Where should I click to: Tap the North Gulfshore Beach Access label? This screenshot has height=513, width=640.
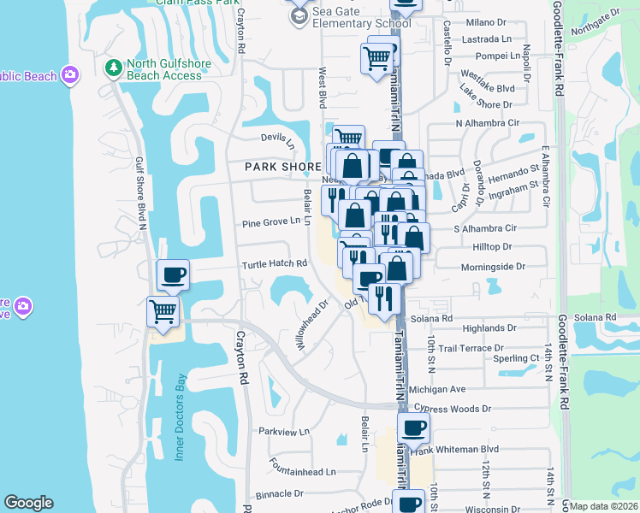click(x=164, y=69)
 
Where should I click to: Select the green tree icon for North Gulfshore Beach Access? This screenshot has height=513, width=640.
click(x=112, y=67)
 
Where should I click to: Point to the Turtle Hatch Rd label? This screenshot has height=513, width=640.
click(x=274, y=264)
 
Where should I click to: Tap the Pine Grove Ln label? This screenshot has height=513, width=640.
click(x=271, y=221)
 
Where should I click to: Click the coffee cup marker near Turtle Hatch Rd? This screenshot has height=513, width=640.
click(x=174, y=274)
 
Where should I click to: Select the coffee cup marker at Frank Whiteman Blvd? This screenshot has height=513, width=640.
click(x=413, y=427)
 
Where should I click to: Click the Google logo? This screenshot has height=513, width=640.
click(x=28, y=503)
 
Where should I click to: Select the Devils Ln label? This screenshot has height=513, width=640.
click(x=277, y=139)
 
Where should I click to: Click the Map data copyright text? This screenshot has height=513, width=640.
click(x=603, y=506)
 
